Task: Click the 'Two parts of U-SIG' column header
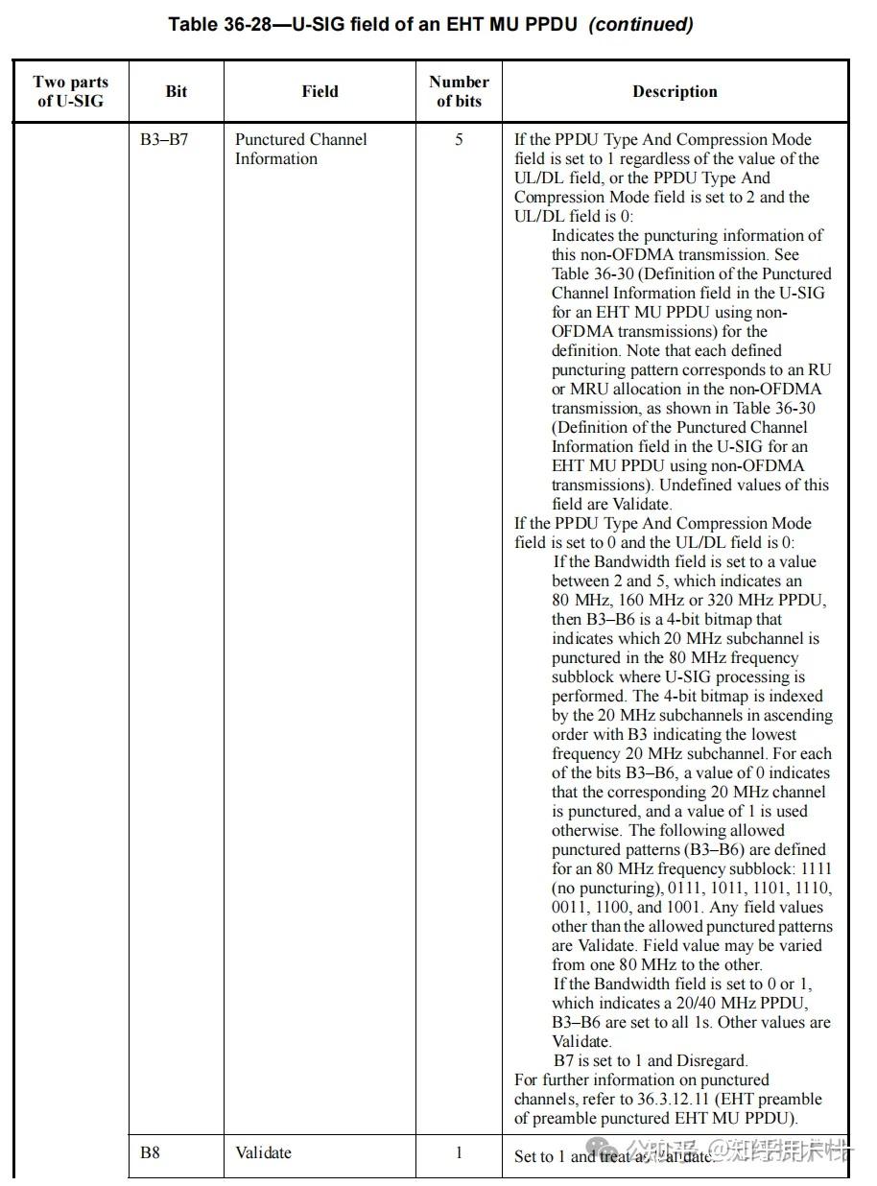pyautogui.click(x=70, y=91)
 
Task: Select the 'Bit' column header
pyautogui.click(x=177, y=91)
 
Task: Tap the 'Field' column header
pyautogui.click(x=320, y=91)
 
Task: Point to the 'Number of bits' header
pyautogui.click(x=459, y=91)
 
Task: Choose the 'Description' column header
pyautogui.click(x=675, y=91)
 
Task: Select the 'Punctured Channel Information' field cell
pyautogui.click(x=300, y=149)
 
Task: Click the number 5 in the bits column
pyautogui.click(x=459, y=140)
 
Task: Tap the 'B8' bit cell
pyautogui.click(x=150, y=1152)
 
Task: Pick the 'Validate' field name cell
pyautogui.click(x=263, y=1152)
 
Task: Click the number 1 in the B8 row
pyautogui.click(x=459, y=1152)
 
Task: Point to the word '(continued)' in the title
pyautogui.click(x=640, y=24)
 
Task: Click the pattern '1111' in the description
pyautogui.click(x=816, y=868)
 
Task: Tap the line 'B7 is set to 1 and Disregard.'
pyautogui.click(x=650, y=1060)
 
